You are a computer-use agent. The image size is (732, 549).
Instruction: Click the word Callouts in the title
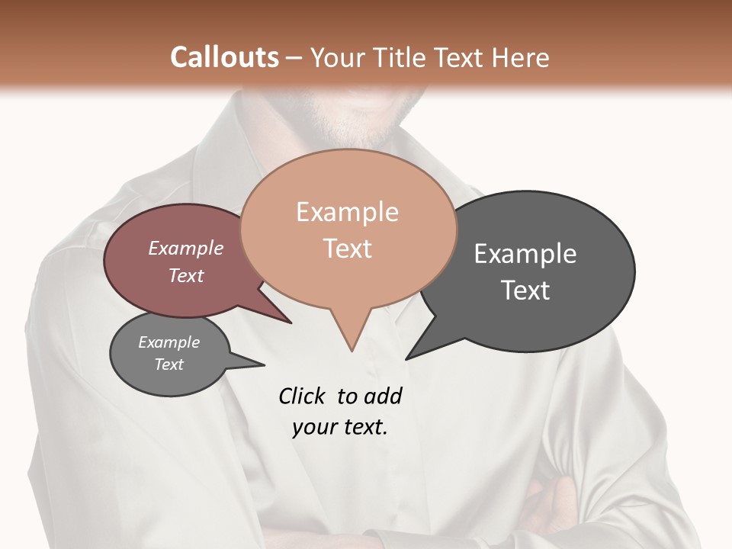[224, 57]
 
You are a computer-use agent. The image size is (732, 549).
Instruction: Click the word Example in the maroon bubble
[186, 248]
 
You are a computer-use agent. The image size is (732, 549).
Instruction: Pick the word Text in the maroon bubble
[186, 275]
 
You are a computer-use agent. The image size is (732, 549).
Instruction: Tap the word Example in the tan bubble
[347, 212]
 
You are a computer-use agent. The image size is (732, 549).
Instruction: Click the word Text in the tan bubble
[347, 249]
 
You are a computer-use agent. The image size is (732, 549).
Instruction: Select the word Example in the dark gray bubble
[525, 254]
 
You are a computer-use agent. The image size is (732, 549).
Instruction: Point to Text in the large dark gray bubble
[525, 291]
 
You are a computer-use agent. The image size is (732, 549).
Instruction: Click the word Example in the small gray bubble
[169, 342]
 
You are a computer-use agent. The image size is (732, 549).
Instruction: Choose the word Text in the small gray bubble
[169, 364]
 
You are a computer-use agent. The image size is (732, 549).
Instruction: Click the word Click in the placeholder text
[303, 396]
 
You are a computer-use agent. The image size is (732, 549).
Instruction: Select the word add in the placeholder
[382, 396]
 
